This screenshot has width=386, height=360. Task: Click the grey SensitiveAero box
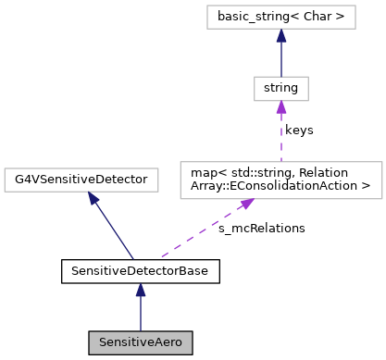pos(141,342)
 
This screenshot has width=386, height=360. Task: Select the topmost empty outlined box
pos(280,17)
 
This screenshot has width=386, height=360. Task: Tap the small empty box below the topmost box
pos(280,89)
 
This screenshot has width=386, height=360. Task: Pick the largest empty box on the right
pos(280,180)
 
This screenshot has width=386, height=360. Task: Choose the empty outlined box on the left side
pos(81,180)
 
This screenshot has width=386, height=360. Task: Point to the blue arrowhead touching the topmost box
pos(281,36)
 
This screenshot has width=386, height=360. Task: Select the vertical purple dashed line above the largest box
pos(281,139)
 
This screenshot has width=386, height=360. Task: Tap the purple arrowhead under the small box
pos(281,107)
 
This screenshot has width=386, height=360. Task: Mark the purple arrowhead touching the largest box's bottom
pos(247,204)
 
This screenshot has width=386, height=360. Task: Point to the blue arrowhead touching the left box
pos(93,198)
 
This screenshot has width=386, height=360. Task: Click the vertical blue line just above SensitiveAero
pos(141,315)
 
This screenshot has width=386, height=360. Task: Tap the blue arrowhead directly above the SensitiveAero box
pos(141,290)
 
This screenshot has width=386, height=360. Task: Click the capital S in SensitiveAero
pos(103,342)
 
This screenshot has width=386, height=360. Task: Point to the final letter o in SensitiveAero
pos(179,343)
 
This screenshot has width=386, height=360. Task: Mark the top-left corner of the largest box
pos(181,163)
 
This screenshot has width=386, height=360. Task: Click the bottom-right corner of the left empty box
pos(158,192)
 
